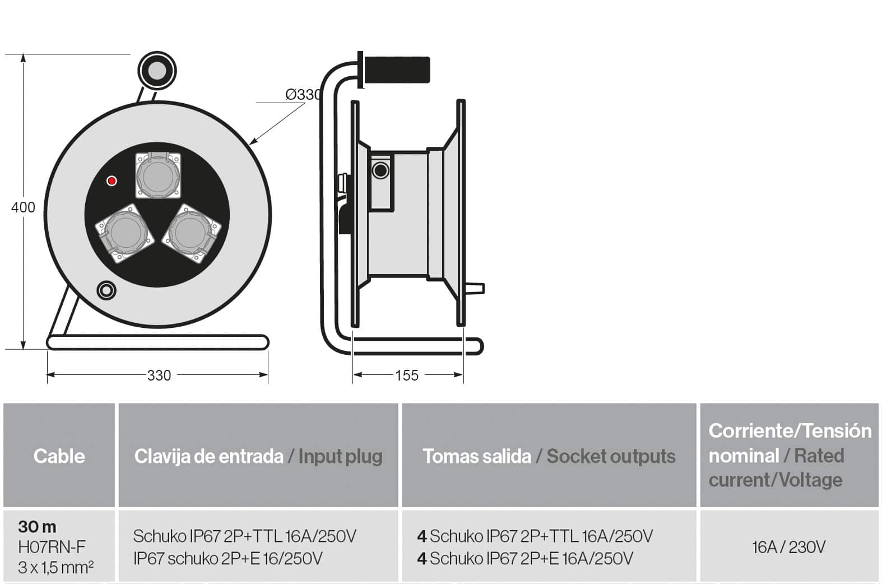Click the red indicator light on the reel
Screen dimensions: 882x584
(112, 181)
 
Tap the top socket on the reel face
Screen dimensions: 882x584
(158, 175)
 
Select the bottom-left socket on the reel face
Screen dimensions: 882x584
(124, 233)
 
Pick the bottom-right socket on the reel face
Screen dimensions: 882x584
(192, 233)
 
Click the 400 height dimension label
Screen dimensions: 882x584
(23, 207)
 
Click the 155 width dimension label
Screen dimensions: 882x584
(407, 376)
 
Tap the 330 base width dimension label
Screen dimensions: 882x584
(159, 376)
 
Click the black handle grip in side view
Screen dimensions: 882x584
(397, 69)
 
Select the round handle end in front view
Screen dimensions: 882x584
(157, 71)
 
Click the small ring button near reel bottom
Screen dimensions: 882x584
(106, 291)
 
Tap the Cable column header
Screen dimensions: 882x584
(59, 456)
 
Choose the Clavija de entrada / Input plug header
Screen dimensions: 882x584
(258, 456)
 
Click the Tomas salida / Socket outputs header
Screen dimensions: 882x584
(549, 456)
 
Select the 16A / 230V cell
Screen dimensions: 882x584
(788, 547)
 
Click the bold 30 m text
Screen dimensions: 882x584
(38, 526)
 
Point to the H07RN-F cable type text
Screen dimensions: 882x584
(52, 546)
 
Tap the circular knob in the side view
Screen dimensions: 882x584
(380, 171)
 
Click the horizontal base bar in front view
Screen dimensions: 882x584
(157, 342)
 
